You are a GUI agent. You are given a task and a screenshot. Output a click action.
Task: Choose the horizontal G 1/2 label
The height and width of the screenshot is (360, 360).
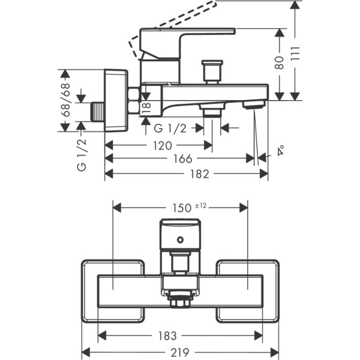170,128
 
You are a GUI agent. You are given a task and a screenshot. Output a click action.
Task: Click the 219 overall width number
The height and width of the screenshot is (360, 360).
181,352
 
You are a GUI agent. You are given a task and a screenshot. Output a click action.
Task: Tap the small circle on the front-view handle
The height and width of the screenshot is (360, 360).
180,240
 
